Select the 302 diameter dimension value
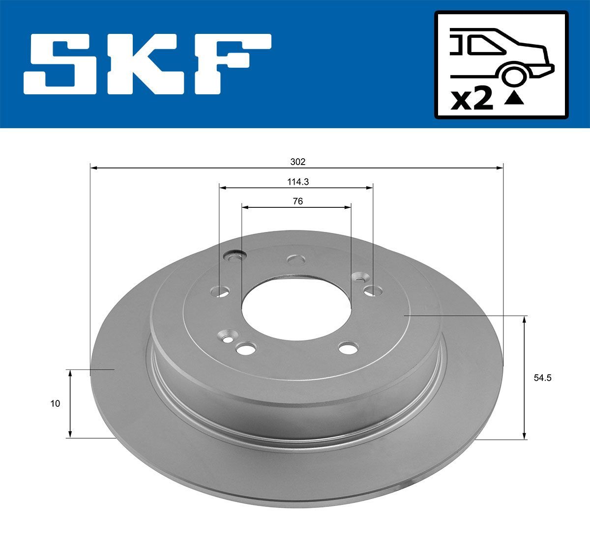pos(297,162)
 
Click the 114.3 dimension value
pos(297,181)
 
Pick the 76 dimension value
pos(297,201)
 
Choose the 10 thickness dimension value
pos(55,404)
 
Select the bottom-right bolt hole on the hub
pos(349,348)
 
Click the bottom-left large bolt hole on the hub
pos(245,349)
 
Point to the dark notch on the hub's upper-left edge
pos(235,255)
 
